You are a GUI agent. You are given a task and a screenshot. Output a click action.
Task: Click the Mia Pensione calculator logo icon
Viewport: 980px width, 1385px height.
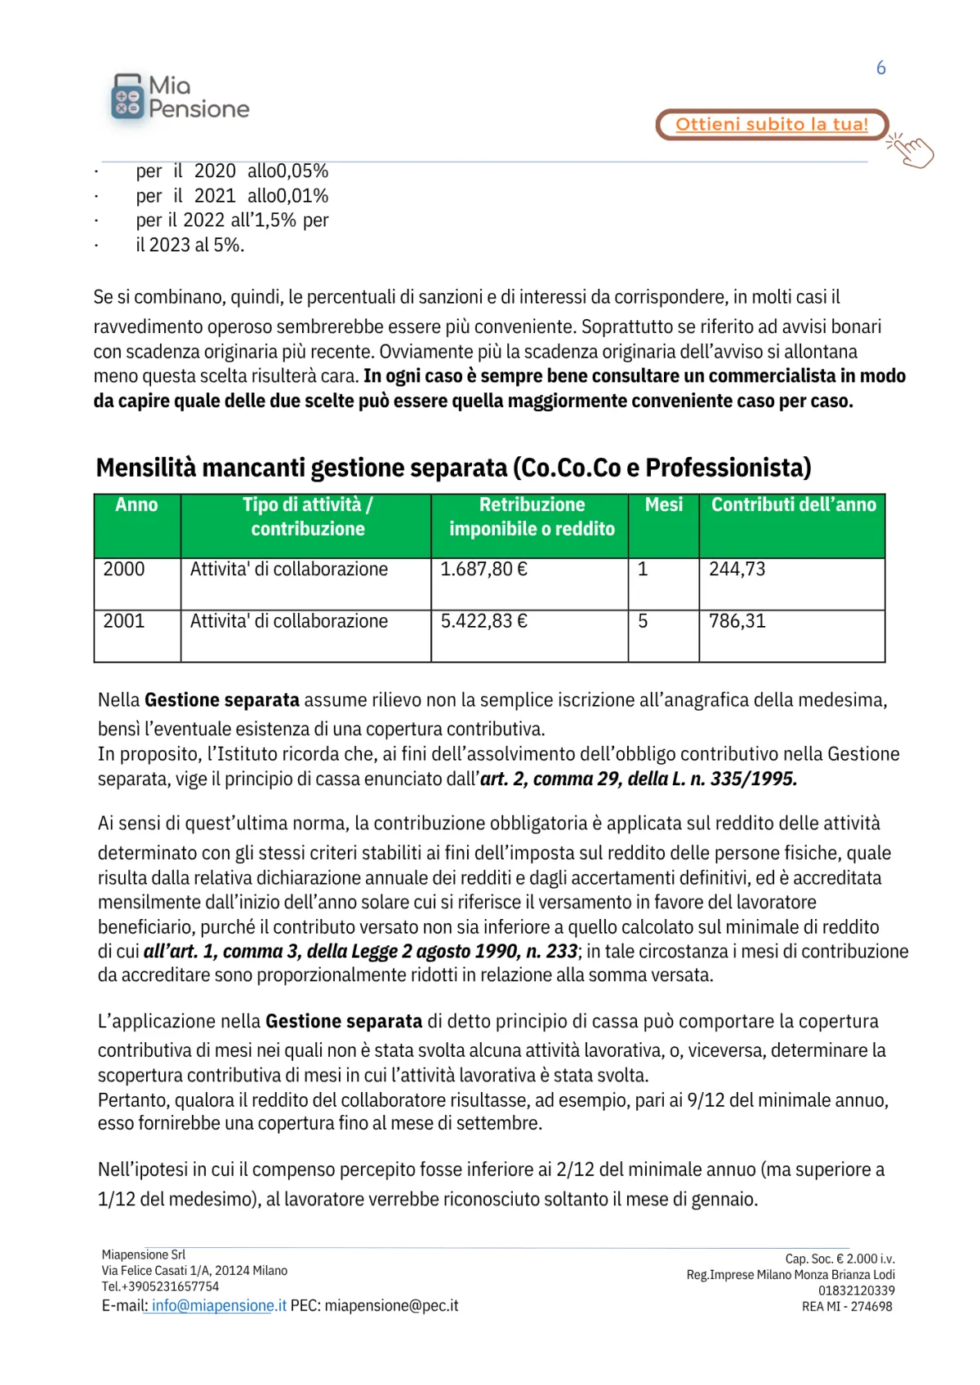[127, 97]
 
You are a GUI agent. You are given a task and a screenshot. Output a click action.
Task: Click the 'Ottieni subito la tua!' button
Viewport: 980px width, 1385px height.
[771, 124]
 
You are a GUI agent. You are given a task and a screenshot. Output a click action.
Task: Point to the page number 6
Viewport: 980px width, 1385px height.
[880, 68]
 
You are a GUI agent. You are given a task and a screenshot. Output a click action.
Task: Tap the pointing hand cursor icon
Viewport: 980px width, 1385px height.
[912, 150]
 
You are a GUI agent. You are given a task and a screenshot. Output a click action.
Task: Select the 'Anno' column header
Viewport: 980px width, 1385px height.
[136, 505]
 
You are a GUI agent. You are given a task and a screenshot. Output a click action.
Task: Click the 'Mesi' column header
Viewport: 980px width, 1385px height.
[663, 505]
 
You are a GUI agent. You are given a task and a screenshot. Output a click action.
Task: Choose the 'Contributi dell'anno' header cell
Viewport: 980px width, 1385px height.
[793, 505]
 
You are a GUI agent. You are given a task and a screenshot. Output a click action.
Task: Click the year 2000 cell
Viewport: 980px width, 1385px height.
[124, 570]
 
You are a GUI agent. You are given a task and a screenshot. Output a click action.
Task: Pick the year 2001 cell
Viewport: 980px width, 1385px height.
[124, 622]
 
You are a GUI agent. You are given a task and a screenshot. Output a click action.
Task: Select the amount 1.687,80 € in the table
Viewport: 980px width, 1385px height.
[483, 570]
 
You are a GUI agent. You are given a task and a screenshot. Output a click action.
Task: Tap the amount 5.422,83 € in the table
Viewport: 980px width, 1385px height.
[483, 622]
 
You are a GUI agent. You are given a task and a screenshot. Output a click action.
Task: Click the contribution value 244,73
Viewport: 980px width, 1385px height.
[737, 570]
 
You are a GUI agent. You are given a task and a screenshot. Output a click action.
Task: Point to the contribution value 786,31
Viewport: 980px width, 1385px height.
[737, 622]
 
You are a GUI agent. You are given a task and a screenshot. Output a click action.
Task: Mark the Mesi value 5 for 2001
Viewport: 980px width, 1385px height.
[643, 622]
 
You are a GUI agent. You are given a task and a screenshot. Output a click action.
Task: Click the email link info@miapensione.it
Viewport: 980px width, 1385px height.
[219, 1306]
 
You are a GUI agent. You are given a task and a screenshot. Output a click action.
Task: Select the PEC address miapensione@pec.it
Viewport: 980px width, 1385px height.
[391, 1306]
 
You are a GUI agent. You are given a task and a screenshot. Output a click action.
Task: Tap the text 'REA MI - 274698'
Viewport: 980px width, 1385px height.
[847, 1307]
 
